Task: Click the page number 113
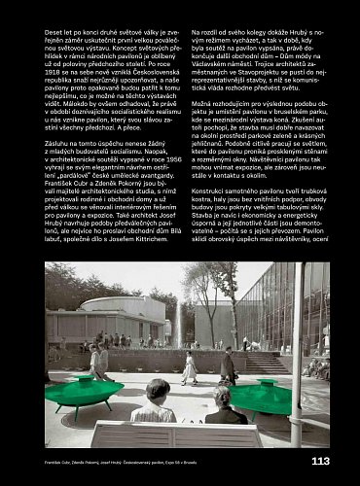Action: tap(319, 461)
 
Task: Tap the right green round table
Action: tap(261, 395)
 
